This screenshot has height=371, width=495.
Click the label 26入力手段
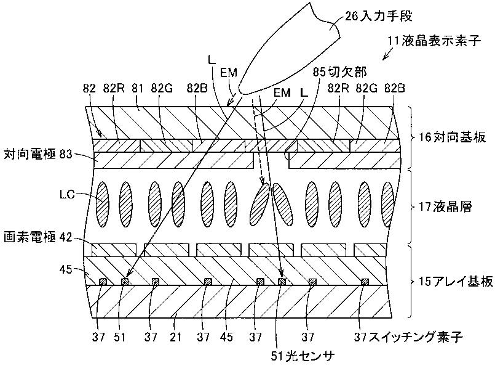point(379,16)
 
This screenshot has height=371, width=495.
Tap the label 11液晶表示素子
point(434,41)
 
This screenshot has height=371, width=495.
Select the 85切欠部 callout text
point(339,72)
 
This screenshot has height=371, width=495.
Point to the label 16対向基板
point(452,137)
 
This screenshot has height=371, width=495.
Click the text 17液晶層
point(445,207)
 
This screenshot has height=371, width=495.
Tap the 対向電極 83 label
point(38,155)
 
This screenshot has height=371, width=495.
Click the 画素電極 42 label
point(38,237)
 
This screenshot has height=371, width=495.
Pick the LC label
point(67,194)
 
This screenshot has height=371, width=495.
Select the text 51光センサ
point(303,356)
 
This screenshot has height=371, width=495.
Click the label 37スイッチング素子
point(408,337)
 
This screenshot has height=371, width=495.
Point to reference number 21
point(175,337)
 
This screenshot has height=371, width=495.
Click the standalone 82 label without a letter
point(89,88)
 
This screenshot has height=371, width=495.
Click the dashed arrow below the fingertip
point(258,141)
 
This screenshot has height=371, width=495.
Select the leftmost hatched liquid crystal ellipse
point(102,204)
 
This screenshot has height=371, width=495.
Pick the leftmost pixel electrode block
point(114,250)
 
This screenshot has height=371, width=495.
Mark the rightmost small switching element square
point(365,281)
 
